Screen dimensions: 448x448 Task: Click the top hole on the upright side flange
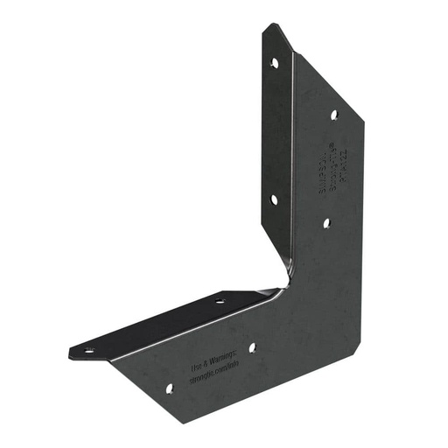click(274, 63)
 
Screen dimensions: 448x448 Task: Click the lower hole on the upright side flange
click(274, 199)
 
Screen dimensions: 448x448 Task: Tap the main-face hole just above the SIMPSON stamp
click(333, 115)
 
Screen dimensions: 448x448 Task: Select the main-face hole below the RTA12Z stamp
click(326, 223)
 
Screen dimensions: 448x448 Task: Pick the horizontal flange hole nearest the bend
click(220, 301)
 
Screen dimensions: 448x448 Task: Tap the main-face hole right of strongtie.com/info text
click(252, 347)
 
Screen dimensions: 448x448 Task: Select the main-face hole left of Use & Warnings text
click(170, 386)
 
